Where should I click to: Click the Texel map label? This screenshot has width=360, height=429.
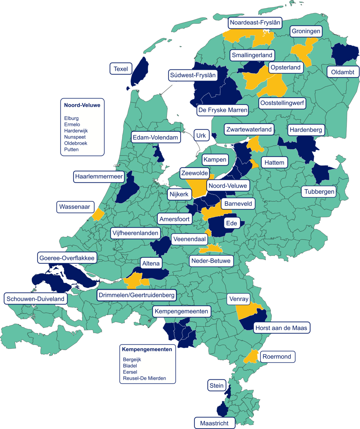121,69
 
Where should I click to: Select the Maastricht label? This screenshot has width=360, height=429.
214,423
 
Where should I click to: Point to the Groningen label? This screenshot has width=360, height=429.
306,31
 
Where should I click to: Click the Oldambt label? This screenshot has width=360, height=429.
343,72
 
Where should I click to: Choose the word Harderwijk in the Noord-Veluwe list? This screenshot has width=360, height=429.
76,131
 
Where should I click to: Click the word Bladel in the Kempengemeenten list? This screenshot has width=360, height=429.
130,366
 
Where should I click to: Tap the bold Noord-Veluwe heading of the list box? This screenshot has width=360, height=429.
82,105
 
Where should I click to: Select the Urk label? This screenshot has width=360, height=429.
201,136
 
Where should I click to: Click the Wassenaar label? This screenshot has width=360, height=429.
75,207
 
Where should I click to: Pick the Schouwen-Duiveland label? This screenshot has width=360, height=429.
35,299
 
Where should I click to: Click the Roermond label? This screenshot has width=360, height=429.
277,357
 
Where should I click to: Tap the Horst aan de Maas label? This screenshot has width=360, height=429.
281,328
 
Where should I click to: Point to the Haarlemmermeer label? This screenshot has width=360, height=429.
99,176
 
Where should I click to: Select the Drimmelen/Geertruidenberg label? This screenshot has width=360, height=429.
137,295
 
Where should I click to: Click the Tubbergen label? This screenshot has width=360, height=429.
319,192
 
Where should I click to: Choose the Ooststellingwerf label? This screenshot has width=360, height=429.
282,103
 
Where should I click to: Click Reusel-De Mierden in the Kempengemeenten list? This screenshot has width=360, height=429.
144,378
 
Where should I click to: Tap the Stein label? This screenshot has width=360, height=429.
217,386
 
